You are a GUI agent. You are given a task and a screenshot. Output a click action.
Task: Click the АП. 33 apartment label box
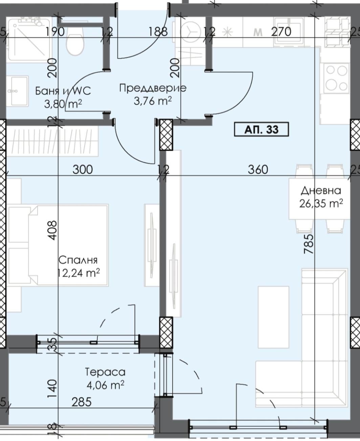tap(261, 129)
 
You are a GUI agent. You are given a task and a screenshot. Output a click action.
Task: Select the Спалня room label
tap(78, 260)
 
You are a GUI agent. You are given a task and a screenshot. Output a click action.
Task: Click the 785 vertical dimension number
tap(309, 244)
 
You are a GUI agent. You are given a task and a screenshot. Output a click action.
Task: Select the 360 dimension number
tap(258, 170)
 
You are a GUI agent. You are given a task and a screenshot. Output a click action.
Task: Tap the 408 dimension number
tap(52, 230)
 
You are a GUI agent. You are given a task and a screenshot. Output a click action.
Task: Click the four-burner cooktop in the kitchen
tap(336, 78)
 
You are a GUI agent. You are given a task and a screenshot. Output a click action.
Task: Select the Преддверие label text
tap(153, 88)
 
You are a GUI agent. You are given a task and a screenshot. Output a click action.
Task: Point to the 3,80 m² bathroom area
tap(63, 104)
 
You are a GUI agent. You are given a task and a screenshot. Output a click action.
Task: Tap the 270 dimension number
tap(281, 31)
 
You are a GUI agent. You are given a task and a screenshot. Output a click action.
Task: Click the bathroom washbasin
tap(17, 91)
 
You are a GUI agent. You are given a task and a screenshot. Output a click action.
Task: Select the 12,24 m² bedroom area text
tap(79, 273)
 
